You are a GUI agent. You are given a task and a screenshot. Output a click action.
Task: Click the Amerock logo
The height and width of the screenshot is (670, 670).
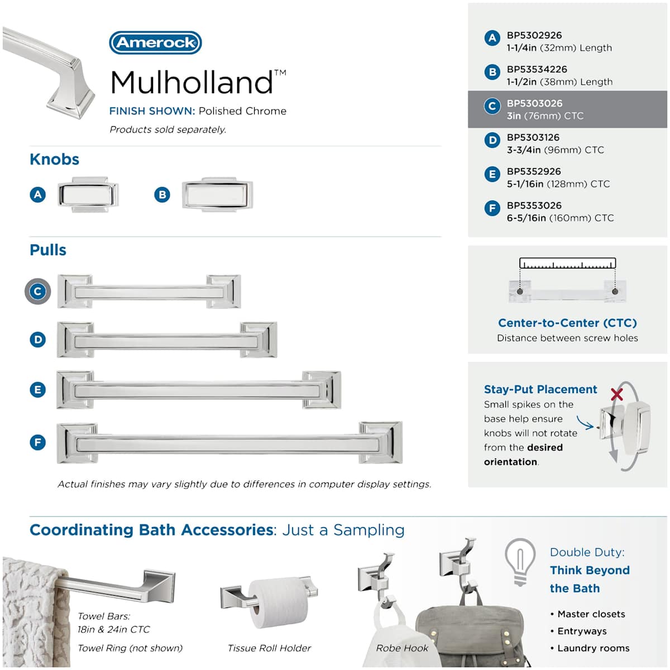[155, 43]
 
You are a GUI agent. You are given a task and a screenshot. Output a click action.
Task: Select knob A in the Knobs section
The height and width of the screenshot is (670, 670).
[88, 195]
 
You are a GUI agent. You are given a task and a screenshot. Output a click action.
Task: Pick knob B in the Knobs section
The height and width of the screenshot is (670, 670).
[217, 194]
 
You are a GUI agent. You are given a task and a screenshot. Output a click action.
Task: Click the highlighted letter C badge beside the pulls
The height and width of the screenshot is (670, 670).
[37, 291]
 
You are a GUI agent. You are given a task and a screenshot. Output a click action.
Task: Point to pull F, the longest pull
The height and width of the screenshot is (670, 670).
[229, 443]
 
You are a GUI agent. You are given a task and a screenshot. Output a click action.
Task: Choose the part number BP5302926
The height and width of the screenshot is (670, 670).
[534, 36]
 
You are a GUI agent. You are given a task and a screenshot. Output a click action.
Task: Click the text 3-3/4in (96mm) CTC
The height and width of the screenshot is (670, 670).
[555, 150]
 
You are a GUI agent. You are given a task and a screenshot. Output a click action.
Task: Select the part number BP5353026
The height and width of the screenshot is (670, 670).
[534, 205]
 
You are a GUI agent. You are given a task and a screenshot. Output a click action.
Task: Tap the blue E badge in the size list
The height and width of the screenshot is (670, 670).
[492, 174]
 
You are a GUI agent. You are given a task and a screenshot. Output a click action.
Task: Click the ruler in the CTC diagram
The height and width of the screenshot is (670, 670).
[567, 263]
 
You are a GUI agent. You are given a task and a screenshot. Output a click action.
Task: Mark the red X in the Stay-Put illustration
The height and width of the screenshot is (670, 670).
[617, 394]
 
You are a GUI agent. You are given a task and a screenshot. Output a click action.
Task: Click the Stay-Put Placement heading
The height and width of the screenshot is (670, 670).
[540, 389]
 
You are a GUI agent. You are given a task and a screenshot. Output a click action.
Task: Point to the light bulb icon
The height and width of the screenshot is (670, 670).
[520, 563]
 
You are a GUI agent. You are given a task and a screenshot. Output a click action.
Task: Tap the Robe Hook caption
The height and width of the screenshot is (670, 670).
[402, 648]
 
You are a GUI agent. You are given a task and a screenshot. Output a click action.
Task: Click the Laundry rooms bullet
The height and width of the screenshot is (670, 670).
[590, 648]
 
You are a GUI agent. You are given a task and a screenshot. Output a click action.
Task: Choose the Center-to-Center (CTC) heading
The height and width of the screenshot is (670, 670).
[567, 323]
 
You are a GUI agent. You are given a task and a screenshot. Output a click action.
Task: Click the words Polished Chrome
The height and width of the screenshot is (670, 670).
[243, 111]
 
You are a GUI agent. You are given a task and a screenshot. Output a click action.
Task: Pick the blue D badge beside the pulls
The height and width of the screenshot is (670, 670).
[37, 339]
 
